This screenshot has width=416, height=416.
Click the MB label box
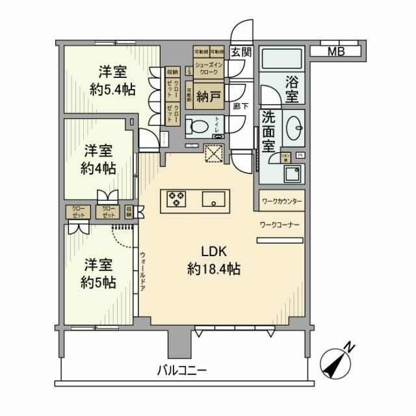[336, 51]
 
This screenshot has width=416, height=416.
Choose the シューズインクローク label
[208, 70]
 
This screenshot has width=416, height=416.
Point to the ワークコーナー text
[279, 224]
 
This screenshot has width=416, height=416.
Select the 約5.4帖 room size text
[112, 89]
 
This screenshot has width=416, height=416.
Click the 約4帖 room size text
[99, 168]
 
